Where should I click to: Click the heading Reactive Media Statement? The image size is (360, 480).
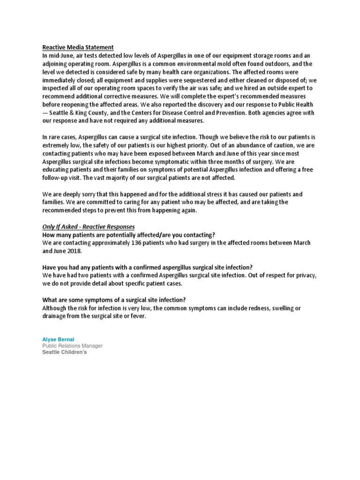click(78, 47)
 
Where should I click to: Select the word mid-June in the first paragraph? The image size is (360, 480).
click(59, 55)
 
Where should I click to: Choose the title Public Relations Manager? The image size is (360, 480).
click(73, 346)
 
